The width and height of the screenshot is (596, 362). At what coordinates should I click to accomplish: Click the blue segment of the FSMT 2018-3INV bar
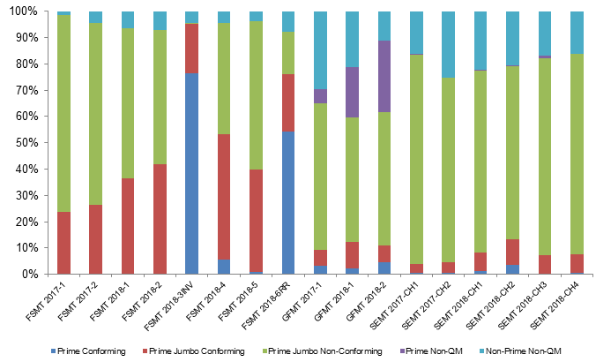point(191,173)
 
